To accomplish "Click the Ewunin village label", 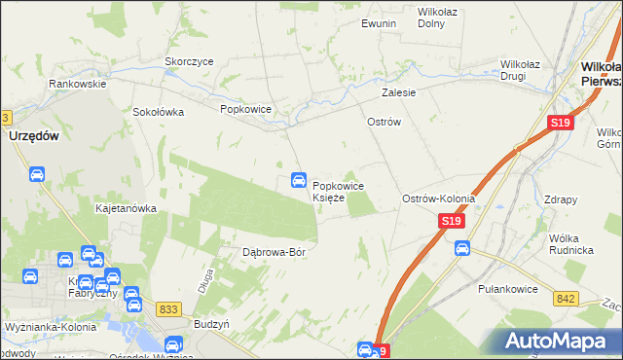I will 377,22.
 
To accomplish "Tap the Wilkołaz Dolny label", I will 436,18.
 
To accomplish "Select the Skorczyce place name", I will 189,60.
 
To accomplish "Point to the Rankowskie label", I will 78,84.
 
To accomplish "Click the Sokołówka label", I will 159,111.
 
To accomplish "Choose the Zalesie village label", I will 399,93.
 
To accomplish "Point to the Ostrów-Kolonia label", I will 438,198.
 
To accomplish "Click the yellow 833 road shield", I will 168,308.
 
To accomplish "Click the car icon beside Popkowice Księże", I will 298,180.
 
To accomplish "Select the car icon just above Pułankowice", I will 461,248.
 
